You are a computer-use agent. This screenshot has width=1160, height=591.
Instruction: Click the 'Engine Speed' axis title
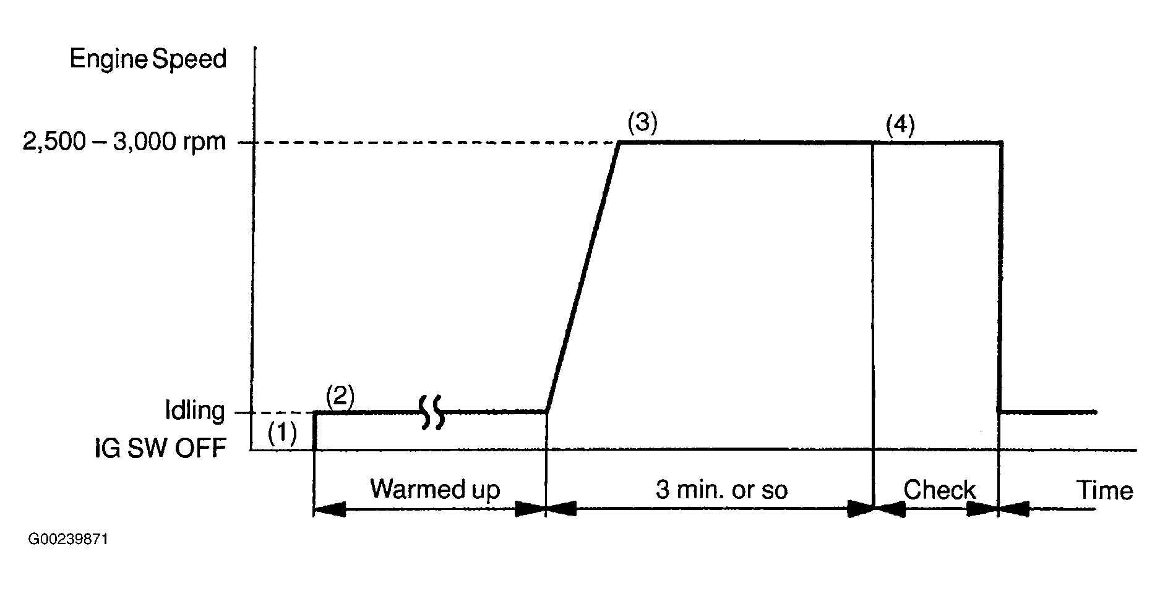148,59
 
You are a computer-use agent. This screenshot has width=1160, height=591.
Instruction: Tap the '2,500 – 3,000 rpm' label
124,143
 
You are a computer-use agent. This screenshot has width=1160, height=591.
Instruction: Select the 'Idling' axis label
194,410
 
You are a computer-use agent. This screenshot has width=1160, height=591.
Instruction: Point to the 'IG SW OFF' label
160,448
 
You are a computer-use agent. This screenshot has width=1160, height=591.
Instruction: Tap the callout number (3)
642,124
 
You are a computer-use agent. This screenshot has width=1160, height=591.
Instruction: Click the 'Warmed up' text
435,490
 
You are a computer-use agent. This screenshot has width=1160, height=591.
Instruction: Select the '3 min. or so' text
721,490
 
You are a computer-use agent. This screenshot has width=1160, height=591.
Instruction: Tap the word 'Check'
939,490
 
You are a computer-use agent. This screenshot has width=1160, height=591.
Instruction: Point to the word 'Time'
1106,490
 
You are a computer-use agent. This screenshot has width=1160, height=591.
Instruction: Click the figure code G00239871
68,540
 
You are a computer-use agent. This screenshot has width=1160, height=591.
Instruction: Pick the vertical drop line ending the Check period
1000,278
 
